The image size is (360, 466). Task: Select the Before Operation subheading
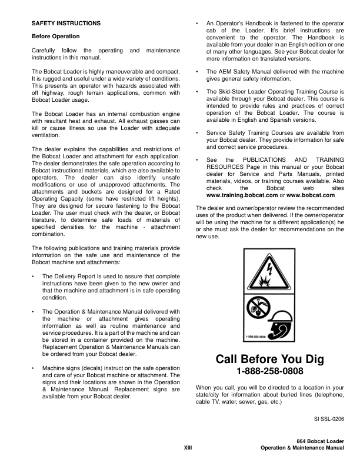[x=55, y=36]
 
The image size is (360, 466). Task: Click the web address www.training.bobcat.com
[x=238, y=195]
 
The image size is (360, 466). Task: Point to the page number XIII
[x=188, y=448]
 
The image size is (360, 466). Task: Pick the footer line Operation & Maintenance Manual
[x=302, y=448]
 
